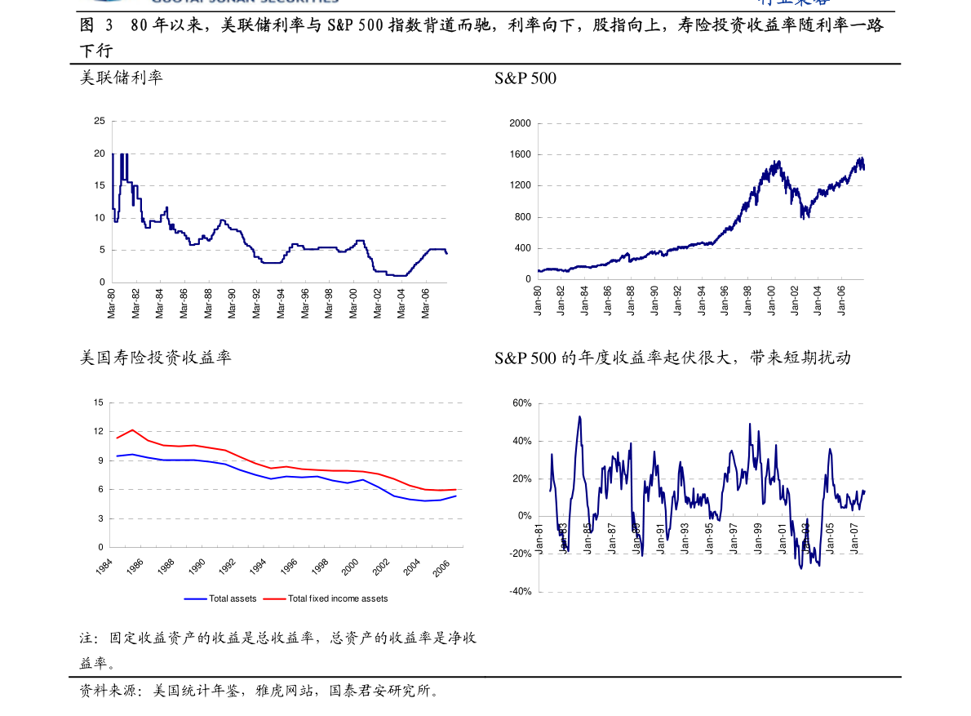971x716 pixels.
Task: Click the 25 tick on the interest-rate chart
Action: click(100, 121)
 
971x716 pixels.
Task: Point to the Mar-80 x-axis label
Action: click(112, 301)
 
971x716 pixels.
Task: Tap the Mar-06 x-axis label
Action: click(426, 301)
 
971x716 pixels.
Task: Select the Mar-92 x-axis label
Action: click(256, 301)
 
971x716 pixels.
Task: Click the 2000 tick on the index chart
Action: click(520, 123)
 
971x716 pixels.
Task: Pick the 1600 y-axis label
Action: click(520, 154)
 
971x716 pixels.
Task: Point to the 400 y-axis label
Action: click(522, 248)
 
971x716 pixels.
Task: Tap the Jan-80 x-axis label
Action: click(538, 299)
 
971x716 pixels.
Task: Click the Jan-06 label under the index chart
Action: click(841, 299)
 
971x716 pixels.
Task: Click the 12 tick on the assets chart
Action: click(99, 431)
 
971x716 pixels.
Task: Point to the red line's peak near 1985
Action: click(132, 429)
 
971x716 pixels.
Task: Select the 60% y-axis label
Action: click(522, 403)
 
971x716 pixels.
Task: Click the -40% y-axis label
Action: click(521, 592)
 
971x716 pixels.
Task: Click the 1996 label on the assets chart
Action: click(289, 566)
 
